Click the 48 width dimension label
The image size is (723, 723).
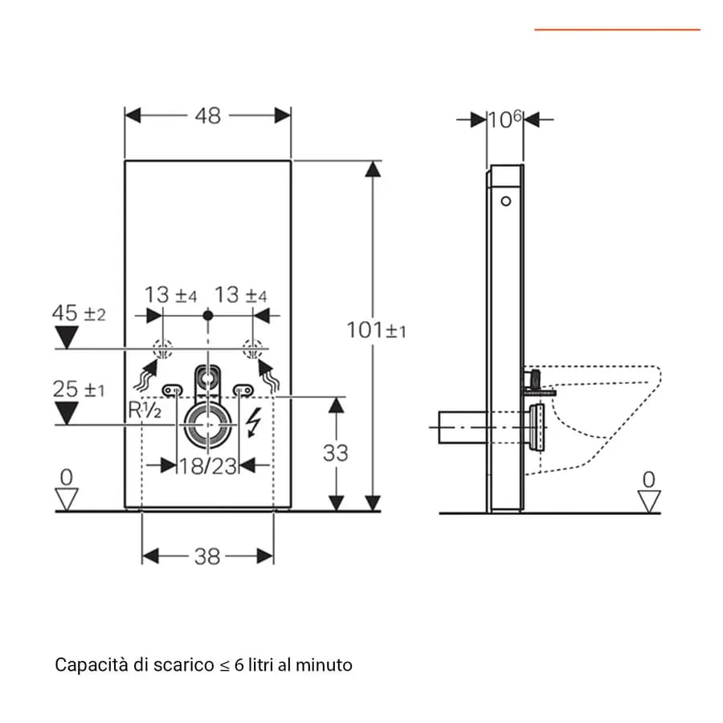pos(208,116)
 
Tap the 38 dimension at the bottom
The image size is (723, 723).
pos(207,557)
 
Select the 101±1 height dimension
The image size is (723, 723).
pos(376,330)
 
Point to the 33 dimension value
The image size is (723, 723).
pos(335,453)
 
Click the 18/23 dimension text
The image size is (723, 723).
pos(208,466)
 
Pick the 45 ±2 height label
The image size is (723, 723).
pos(79,313)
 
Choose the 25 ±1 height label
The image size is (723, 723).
pos(79,389)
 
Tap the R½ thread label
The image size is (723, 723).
pos(145,410)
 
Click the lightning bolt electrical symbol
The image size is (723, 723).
pos(253,422)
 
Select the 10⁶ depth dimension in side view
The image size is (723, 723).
pos(505,119)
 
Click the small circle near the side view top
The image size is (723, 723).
pos(506,202)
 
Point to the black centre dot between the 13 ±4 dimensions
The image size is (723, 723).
pos(208,316)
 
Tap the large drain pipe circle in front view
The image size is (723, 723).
pos(208,426)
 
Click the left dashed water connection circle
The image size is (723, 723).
pos(163,349)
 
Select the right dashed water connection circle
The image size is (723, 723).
pos(253,349)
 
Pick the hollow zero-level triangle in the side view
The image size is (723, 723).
pos(649,501)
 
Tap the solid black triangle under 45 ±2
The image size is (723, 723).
pos(67,337)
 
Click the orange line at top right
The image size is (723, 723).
pos(618,30)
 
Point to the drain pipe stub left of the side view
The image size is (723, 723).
pos(463,427)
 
